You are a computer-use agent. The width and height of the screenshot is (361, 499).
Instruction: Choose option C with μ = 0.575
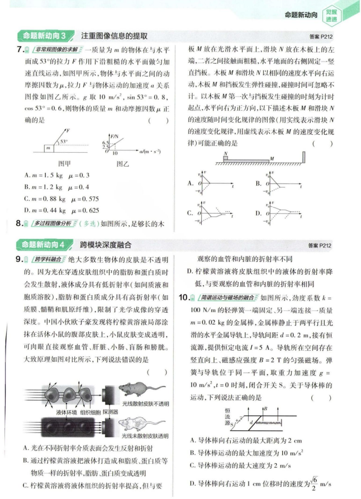[58, 199]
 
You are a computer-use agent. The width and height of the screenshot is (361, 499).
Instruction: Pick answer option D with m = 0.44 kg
[58, 211]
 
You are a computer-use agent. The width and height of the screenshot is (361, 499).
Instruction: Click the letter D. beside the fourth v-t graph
[258, 213]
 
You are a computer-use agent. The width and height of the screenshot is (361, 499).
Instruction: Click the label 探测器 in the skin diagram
[111, 412]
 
